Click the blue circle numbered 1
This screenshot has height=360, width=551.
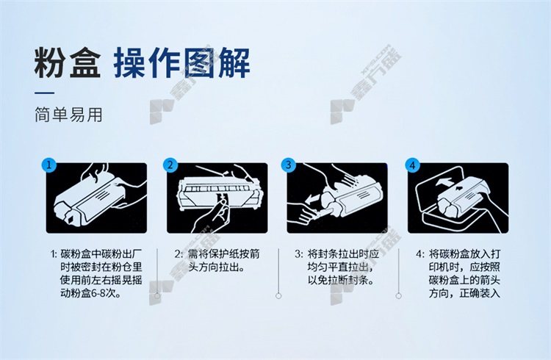[48, 165]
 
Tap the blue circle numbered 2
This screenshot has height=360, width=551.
[170, 165]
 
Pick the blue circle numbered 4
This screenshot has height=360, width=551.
[412, 165]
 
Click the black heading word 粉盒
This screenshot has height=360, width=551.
[68, 63]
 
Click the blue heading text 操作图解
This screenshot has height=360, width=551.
[181, 63]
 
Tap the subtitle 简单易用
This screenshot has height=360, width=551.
[68, 115]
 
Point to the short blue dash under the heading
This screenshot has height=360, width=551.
[44, 93]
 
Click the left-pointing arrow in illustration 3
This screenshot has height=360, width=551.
[314, 200]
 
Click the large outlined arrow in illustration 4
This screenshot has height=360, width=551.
[444, 183]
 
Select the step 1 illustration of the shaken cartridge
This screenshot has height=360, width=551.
[96, 198]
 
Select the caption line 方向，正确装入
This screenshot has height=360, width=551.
[464, 294]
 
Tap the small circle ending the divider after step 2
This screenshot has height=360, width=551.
[278, 296]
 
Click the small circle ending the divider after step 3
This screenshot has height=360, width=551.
[398, 296]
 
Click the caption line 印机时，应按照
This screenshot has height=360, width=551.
[464, 267]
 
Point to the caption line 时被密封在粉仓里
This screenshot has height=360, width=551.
[101, 267]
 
